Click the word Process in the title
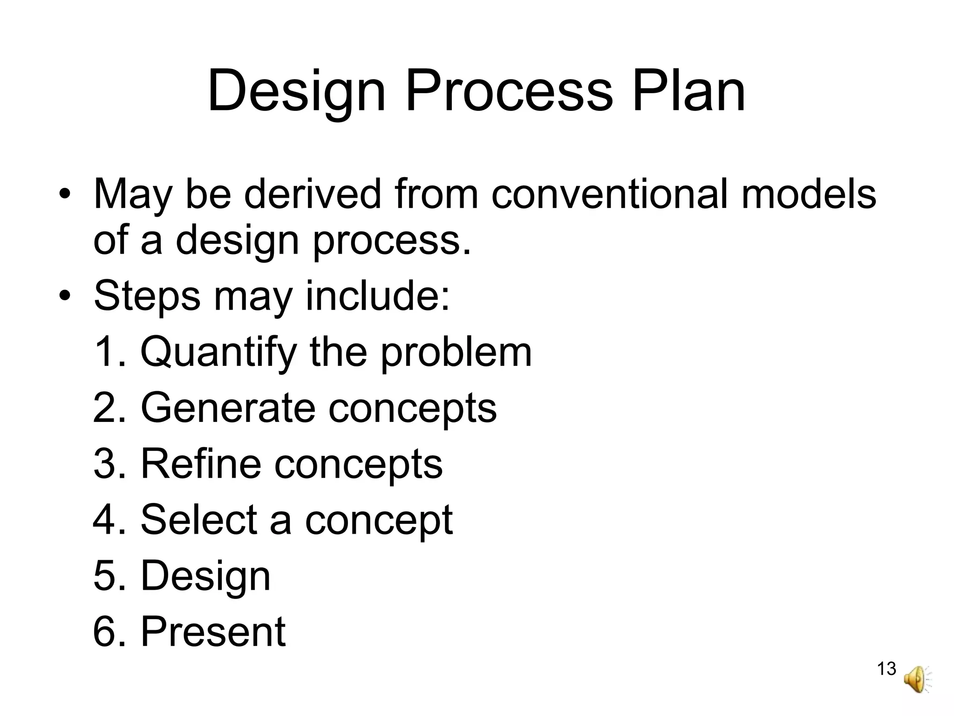tap(509, 91)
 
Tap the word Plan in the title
tap(688, 91)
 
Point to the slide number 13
tap(886, 669)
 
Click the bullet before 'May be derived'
tap(64, 195)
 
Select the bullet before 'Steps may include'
tap(64, 297)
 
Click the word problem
tap(456, 353)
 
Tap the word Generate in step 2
tap(228, 408)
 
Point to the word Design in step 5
tap(205, 577)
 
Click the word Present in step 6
tap(213, 632)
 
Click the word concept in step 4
tap(379, 521)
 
